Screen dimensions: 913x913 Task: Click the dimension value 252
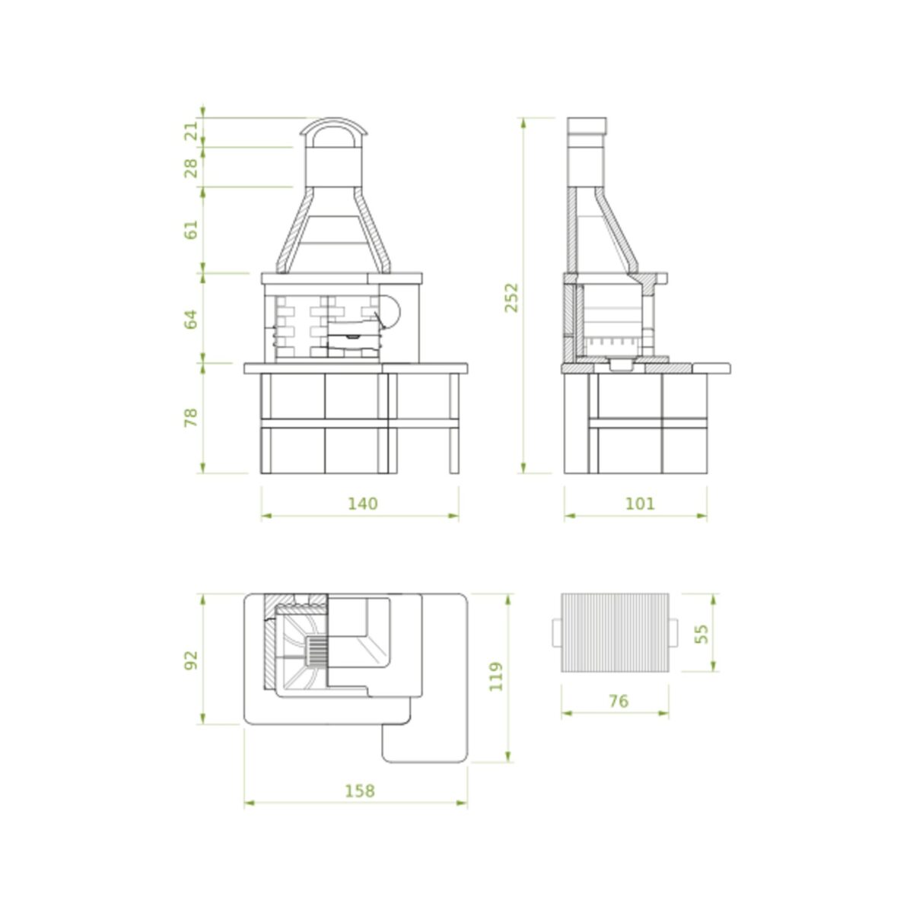512,297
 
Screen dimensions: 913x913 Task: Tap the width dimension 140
363,503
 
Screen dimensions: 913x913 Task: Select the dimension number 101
640,503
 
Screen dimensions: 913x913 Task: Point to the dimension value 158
360,791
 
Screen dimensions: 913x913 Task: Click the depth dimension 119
496,676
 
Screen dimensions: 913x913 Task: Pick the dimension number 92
191,660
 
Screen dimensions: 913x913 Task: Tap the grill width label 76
619,701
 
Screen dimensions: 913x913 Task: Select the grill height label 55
703,634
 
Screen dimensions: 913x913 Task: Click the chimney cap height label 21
191,130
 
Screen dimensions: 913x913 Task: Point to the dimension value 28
191,168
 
